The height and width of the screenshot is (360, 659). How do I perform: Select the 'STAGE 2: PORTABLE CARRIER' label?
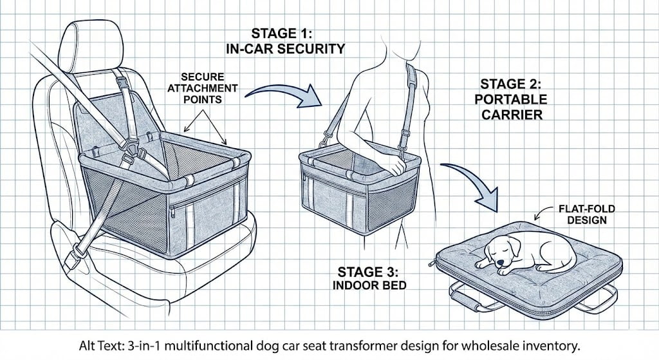tap(514, 100)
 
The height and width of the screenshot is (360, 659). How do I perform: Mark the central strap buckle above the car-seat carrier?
tap(138, 155)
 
